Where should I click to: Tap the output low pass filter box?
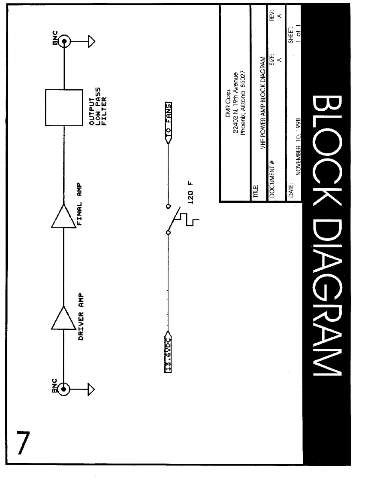pos(64,107)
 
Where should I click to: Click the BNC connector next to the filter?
pos(64,42)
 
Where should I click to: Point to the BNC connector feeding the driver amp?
pos(64,389)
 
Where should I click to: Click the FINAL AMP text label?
pos(80,206)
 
